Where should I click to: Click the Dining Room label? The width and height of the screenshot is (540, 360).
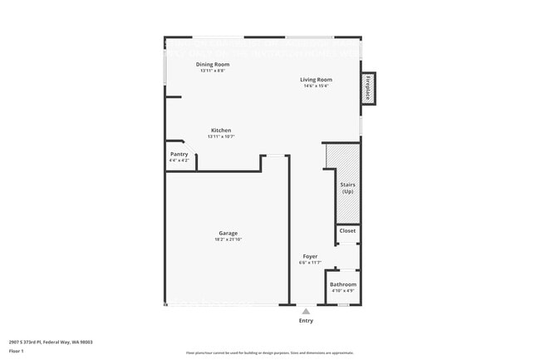213,64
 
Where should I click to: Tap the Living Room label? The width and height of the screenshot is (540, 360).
316,79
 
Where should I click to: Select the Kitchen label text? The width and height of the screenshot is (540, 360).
221,130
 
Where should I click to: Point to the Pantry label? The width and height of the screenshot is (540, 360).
179,154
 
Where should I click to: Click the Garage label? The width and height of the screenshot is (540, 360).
228,233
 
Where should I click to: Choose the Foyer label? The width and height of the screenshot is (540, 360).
310,256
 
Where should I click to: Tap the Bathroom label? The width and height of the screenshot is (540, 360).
343,284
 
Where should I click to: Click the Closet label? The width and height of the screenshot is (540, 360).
347,230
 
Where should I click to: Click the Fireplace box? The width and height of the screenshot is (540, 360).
367,88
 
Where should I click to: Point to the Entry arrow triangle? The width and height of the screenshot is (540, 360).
306,311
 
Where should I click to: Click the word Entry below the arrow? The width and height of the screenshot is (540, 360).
306,321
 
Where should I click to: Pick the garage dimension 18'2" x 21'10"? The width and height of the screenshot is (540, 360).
228,239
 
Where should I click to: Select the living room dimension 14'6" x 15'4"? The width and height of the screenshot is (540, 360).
316,86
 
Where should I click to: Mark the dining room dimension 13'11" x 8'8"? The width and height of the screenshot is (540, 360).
213,71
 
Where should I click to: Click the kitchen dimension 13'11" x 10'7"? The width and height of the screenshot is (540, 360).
221,136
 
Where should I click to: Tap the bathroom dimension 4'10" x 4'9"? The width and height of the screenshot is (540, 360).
343,291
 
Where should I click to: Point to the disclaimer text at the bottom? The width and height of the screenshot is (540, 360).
269,353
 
